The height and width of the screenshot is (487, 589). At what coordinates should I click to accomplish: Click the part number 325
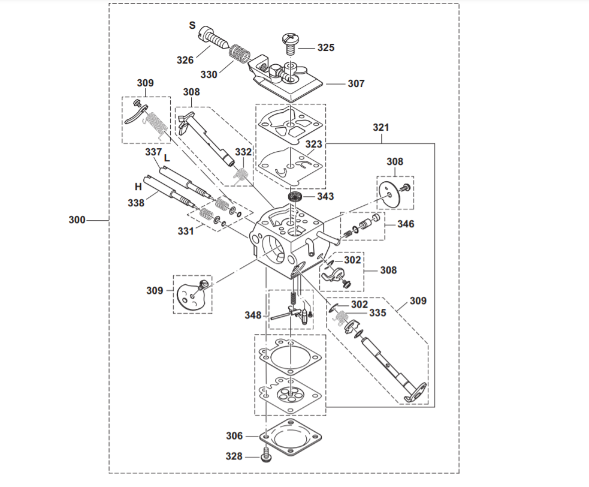click(x=325, y=47)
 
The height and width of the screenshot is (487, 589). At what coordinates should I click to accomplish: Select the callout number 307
click(x=356, y=84)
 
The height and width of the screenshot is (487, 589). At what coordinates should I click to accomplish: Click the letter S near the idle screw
click(x=192, y=25)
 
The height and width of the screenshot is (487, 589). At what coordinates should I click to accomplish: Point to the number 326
click(x=185, y=60)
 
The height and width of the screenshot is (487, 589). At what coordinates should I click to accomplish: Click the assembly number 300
click(x=77, y=220)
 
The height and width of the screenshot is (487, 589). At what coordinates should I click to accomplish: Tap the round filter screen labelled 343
click(x=293, y=197)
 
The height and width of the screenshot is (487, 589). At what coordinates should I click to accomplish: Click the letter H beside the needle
click(x=138, y=187)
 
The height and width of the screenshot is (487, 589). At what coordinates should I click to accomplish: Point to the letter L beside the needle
click(x=167, y=158)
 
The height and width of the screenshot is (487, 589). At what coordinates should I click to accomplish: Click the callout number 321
click(x=381, y=128)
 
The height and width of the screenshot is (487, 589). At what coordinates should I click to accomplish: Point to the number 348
click(x=253, y=315)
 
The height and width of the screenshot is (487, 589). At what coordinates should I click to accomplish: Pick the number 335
click(x=377, y=312)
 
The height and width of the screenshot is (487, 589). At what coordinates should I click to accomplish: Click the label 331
click(x=186, y=230)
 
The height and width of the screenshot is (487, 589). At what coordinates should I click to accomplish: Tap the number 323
click(x=313, y=145)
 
